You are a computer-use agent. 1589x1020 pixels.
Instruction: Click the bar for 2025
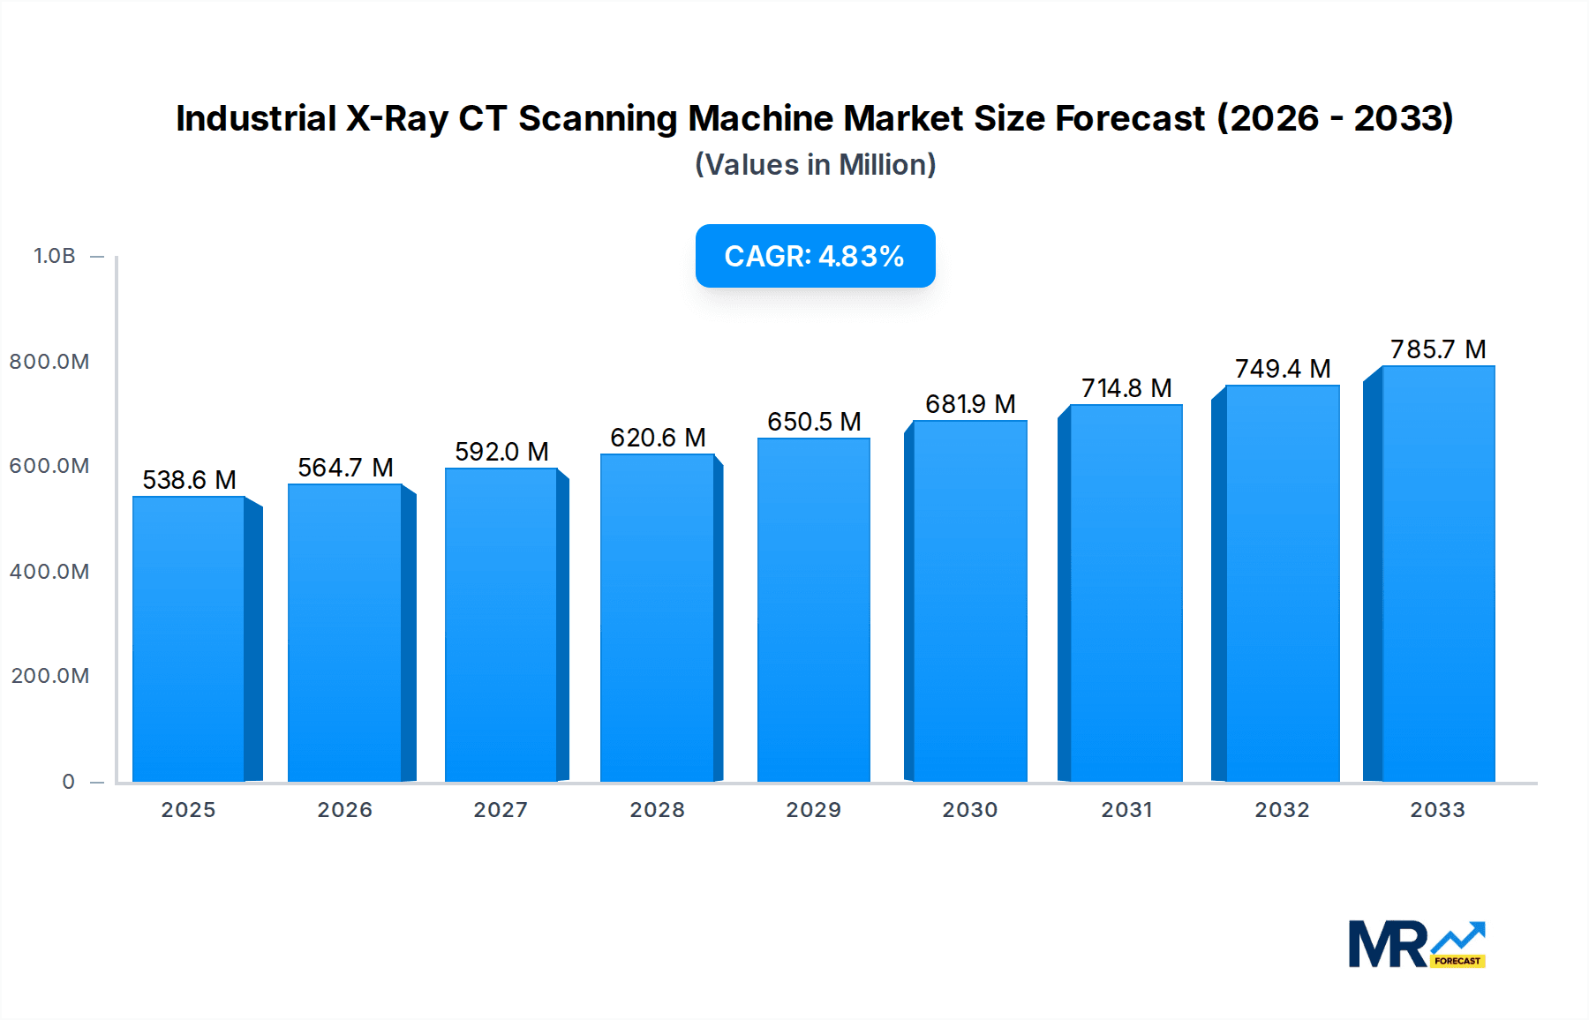pyautogui.click(x=189, y=639)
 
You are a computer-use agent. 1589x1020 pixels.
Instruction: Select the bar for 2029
pyautogui.click(x=813, y=610)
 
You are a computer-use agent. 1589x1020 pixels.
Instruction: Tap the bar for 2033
pyautogui.click(x=1437, y=574)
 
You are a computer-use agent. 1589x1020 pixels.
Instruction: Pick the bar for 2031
pyautogui.click(x=1126, y=593)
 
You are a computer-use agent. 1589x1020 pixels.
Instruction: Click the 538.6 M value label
pyautogui.click(x=189, y=480)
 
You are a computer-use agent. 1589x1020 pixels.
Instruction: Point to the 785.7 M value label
pyautogui.click(x=1438, y=349)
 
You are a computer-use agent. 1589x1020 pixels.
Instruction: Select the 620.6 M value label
pyautogui.click(x=658, y=438)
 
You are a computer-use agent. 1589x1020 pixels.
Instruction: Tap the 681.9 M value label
pyautogui.click(x=970, y=404)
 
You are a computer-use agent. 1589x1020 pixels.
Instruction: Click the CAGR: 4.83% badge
pyautogui.click(x=815, y=256)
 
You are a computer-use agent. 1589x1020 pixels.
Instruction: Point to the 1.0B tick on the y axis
pyautogui.click(x=55, y=256)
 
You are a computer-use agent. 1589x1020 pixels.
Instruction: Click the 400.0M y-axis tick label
pyautogui.click(x=49, y=572)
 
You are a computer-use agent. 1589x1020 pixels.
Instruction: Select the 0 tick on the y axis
pyautogui.click(x=68, y=782)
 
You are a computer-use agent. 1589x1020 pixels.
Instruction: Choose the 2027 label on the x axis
pyautogui.click(x=501, y=810)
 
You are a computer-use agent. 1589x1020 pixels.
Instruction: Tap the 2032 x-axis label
pyautogui.click(x=1282, y=810)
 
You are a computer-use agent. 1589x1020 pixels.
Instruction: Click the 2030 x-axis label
pyautogui.click(x=969, y=810)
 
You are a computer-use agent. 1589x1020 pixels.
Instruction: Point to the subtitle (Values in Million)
pyautogui.click(x=815, y=165)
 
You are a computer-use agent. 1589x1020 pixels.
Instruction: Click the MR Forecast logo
pyautogui.click(x=1416, y=944)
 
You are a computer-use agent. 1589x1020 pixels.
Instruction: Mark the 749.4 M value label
pyautogui.click(x=1282, y=369)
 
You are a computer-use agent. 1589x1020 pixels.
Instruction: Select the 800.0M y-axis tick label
pyautogui.click(x=49, y=362)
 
